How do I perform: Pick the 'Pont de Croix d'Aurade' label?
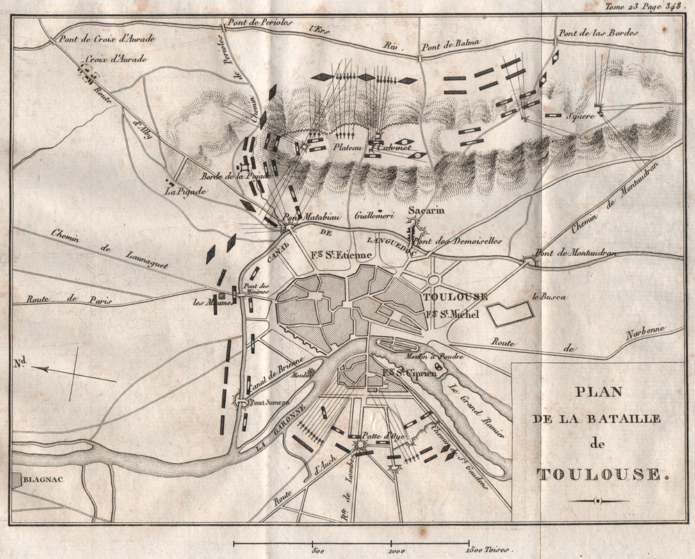point(107,38)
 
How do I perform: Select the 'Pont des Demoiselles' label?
point(457,241)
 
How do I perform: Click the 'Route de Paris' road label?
point(68,300)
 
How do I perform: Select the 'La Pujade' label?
point(179,190)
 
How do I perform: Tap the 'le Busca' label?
point(548,297)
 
